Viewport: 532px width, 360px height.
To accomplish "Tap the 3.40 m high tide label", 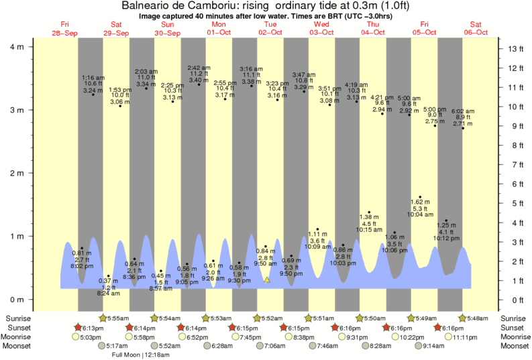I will point(198,80).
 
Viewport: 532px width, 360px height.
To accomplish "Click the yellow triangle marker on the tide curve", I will point(267,280).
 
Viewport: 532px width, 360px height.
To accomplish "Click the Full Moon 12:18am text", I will point(140,355).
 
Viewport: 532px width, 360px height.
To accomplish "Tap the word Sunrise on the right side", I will point(515,318).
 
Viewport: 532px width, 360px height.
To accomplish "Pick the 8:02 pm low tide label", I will point(82,265).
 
